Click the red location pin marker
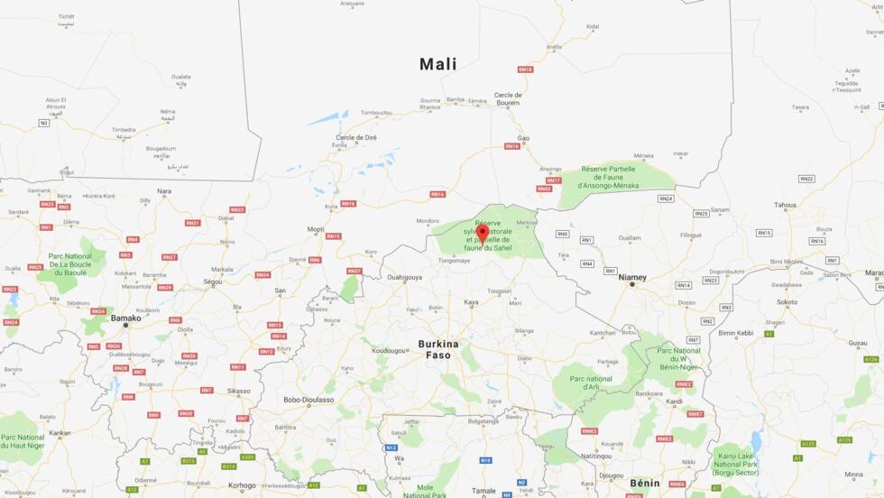483,234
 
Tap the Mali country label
438,64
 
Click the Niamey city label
632,277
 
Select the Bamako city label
125,318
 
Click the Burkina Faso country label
438,349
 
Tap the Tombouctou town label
377,113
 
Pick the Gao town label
523,138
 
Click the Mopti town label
316,229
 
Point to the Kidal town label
592,27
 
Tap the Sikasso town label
238,391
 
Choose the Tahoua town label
785,205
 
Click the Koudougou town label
390,350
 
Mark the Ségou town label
213,281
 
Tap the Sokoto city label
787,302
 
